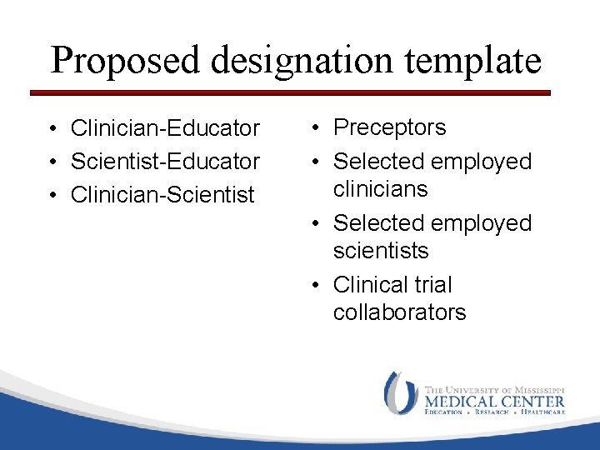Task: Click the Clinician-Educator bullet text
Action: click(x=165, y=128)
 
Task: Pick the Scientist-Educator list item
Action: click(x=165, y=161)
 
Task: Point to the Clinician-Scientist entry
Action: click(x=162, y=195)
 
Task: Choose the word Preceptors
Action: click(x=389, y=127)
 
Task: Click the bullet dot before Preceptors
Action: click(x=315, y=128)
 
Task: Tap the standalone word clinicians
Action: click(x=380, y=189)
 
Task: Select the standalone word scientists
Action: click(x=380, y=251)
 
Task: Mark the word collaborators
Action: click(x=399, y=312)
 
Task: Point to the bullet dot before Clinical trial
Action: click(x=315, y=286)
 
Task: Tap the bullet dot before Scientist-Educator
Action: click(x=52, y=162)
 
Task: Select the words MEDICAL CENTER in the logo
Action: click(x=494, y=401)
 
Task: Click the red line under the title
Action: click(x=292, y=92)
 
